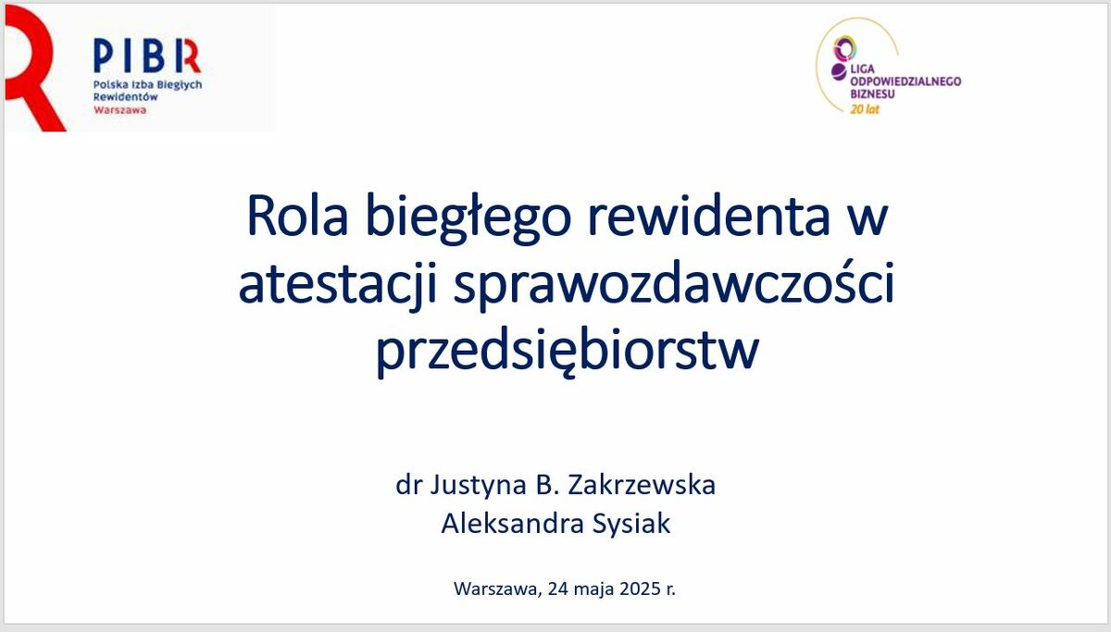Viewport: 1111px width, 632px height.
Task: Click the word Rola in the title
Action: (x=297, y=217)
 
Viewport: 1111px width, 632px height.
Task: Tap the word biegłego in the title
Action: (x=468, y=218)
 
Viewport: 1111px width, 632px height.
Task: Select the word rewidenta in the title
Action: (x=709, y=217)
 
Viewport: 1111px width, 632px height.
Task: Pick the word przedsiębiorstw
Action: (x=568, y=350)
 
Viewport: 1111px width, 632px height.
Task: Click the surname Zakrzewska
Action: (x=642, y=485)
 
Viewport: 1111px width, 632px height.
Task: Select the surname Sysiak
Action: (x=631, y=524)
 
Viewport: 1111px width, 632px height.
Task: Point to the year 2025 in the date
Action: (x=640, y=589)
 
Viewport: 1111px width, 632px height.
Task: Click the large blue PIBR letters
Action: (x=147, y=56)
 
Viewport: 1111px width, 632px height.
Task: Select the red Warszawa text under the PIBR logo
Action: (x=119, y=110)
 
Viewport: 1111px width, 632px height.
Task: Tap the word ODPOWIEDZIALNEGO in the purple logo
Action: (x=905, y=81)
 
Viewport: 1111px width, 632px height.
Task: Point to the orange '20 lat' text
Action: (x=865, y=109)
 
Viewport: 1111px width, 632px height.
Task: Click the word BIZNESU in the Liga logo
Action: (x=872, y=93)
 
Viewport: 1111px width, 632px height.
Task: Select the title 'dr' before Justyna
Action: (x=408, y=485)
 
